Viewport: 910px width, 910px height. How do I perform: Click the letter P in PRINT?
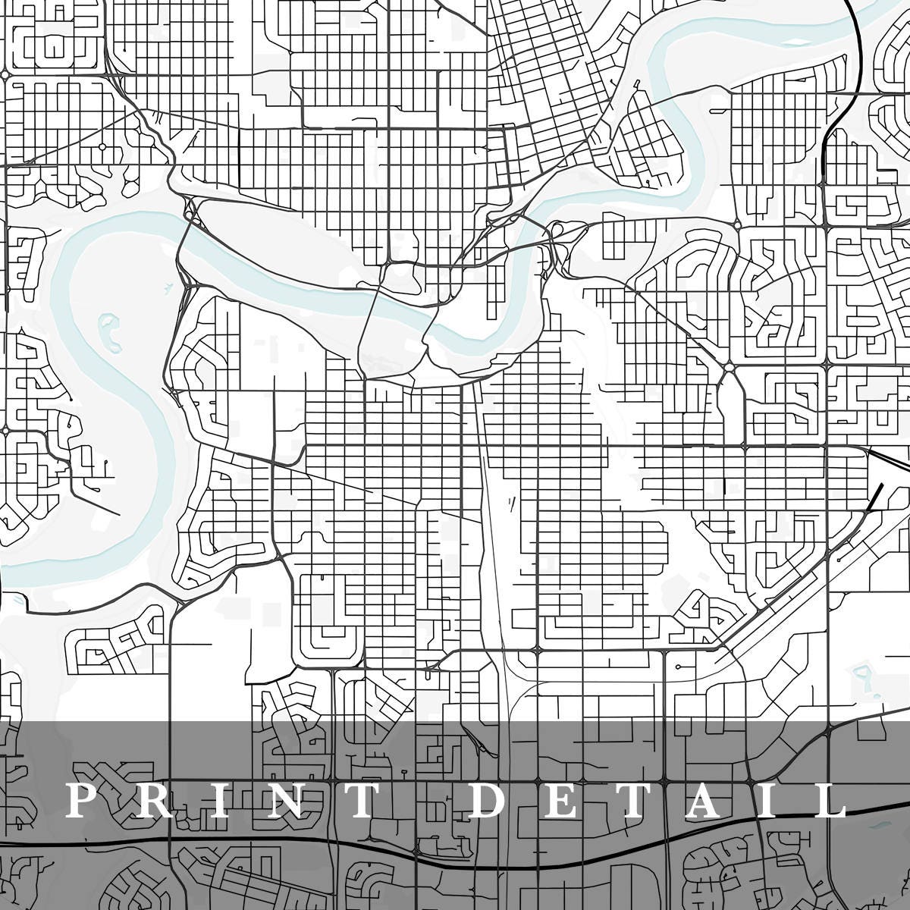coord(82,801)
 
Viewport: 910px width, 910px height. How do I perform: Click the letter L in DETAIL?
coord(830,801)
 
